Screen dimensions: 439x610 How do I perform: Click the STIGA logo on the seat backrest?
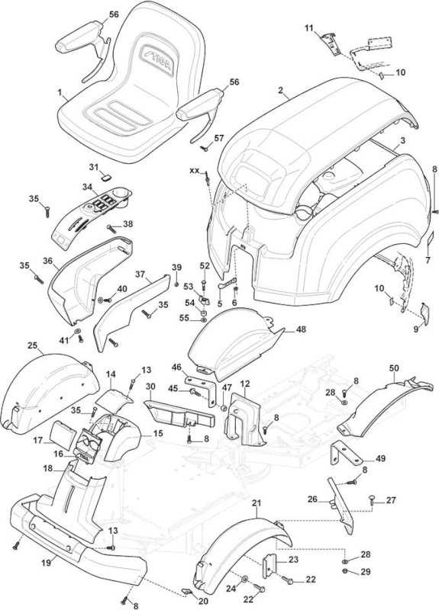coord(157,61)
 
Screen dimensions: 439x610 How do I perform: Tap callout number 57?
coord(219,138)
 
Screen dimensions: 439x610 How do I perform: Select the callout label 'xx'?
coord(194,170)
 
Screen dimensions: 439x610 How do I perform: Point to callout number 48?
coord(301,329)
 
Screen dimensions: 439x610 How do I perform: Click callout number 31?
coord(93,167)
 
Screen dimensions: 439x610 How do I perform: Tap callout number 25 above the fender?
coord(33,345)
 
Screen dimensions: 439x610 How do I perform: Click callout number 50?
coord(394,368)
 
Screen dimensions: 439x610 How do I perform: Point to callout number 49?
coord(380,459)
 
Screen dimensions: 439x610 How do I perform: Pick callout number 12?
coord(244,384)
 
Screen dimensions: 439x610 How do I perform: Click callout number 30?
coord(150,387)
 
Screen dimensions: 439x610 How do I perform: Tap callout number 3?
coord(403,140)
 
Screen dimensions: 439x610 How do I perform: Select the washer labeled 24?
coord(244,579)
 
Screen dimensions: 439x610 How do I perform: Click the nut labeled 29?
coord(345,571)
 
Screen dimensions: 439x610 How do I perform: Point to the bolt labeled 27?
coord(371,501)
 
